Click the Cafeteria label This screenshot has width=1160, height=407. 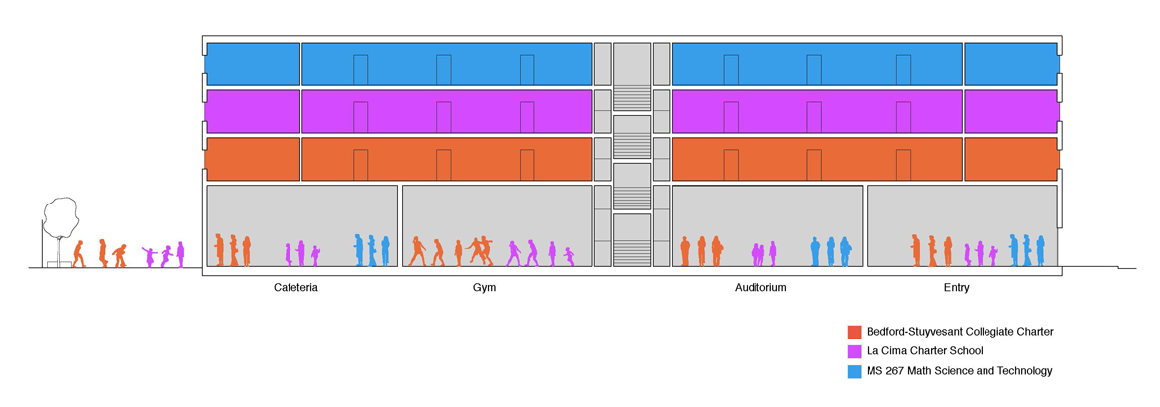coord(295,287)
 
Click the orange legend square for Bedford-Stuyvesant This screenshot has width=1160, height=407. coord(854,331)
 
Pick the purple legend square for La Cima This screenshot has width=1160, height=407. coord(854,350)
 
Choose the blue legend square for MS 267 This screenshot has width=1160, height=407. coord(854,370)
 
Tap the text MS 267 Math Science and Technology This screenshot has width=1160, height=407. coord(959,370)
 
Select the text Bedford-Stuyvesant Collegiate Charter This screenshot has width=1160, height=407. coord(960,331)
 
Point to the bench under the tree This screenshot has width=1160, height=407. coord(55,263)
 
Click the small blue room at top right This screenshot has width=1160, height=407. coord(1011,64)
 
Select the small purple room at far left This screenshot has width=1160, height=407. coord(252,111)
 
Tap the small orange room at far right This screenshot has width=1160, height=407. coord(1011,159)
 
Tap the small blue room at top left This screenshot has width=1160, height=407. coord(252,64)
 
